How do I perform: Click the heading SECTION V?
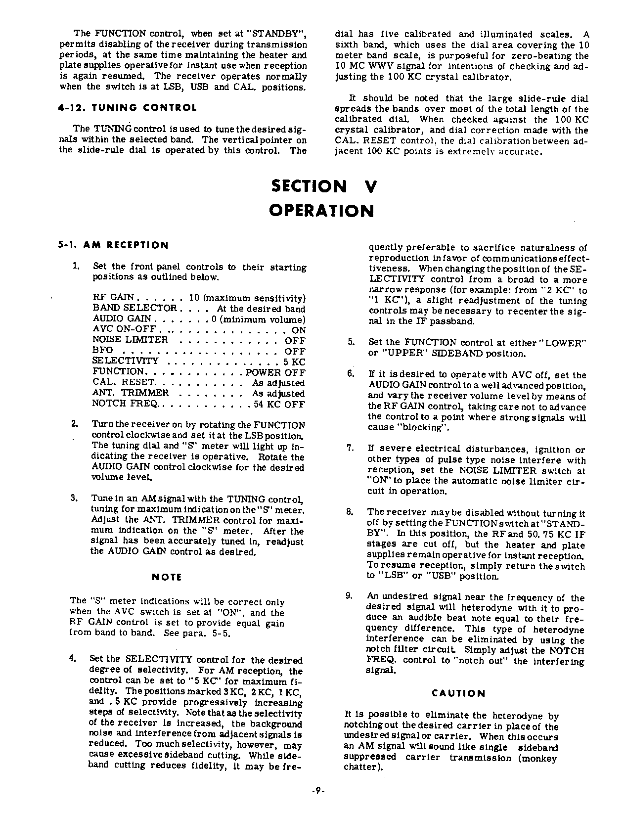coord(324,187)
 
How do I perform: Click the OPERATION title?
coord(321,211)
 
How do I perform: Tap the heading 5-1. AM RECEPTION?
coord(113,245)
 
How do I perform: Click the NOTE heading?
coord(167,577)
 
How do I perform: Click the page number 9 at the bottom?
coord(317,790)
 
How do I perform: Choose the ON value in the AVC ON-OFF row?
coord(299,330)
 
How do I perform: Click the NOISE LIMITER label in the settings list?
coord(130,340)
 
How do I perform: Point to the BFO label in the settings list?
coord(102,351)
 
